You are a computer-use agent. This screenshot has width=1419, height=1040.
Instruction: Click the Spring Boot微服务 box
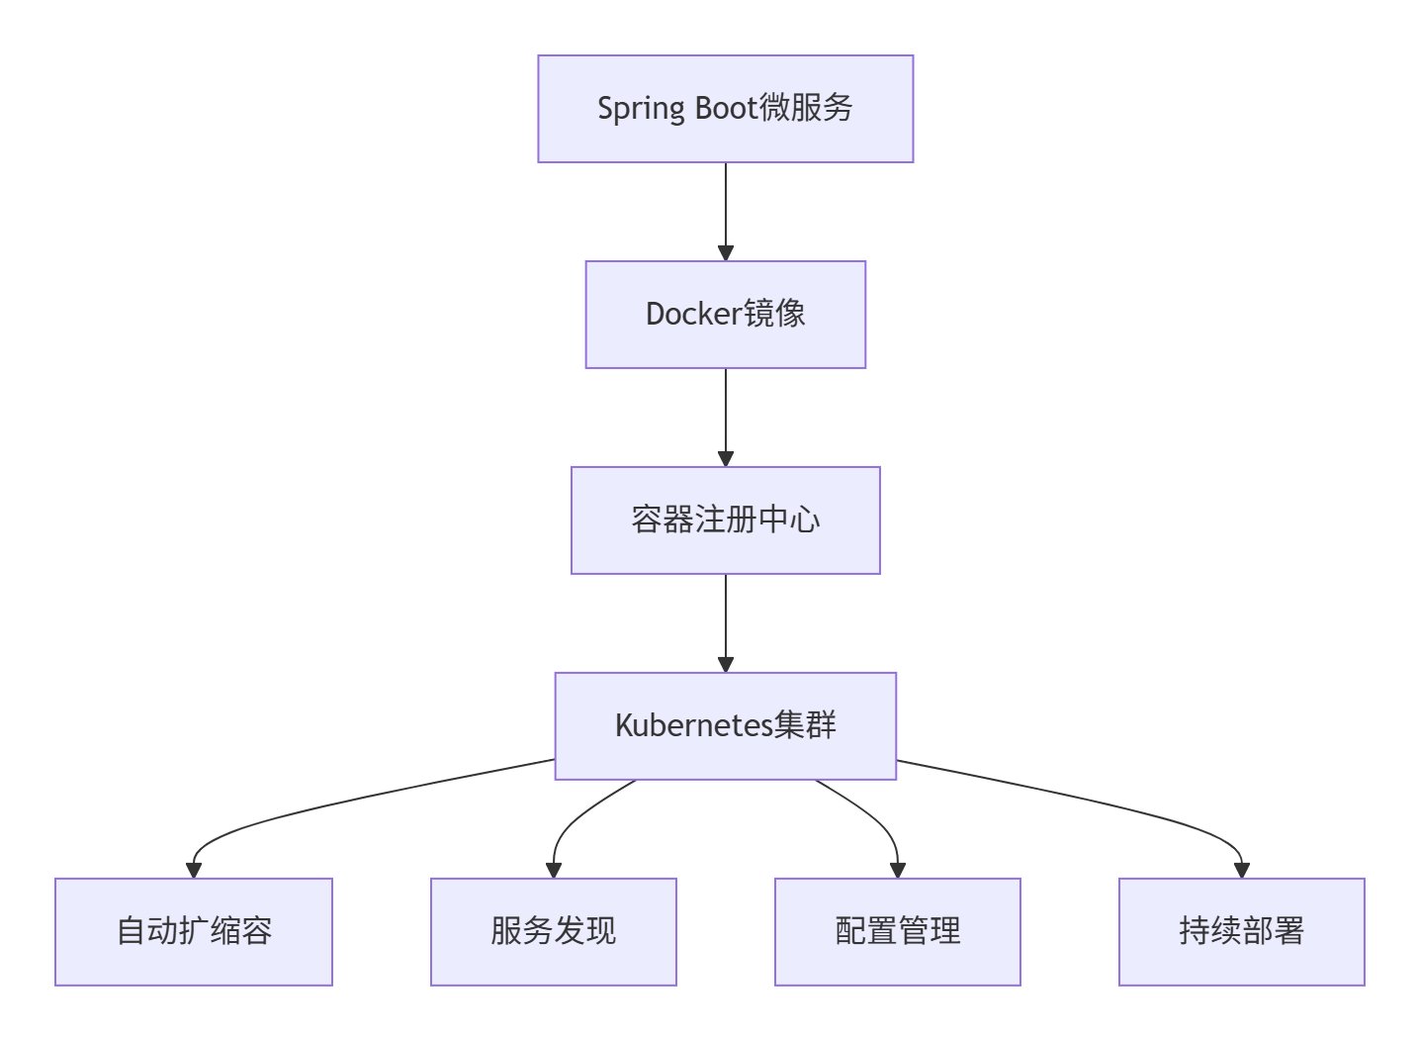pos(725,109)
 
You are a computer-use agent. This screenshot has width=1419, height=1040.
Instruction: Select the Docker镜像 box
pos(725,315)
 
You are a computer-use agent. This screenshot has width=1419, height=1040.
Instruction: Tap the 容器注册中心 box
pos(725,520)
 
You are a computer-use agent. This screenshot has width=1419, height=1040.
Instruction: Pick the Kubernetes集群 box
pos(725,726)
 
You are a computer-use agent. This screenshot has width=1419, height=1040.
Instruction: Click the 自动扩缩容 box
pos(194,932)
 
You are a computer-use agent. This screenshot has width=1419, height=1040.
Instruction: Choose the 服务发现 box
pos(554,932)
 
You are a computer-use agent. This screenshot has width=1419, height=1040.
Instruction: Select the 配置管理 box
pos(898,932)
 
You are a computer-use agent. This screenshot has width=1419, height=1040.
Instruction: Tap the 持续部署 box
pos(1242,932)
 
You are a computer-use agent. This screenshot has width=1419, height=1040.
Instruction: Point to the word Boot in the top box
pos(727,108)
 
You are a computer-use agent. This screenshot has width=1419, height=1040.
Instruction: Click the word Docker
pos(693,314)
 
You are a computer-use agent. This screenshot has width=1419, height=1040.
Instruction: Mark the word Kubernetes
pos(693,725)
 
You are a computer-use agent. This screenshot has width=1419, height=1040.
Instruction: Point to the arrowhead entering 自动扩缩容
pos(194,870)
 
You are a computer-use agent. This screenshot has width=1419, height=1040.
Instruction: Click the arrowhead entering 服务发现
pos(554,870)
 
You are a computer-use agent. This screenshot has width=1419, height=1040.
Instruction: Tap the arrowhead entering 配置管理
pos(898,870)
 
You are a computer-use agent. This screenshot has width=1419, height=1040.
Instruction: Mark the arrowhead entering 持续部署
pos(1242,870)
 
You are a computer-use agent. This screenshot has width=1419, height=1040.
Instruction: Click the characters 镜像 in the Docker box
pos(774,314)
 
